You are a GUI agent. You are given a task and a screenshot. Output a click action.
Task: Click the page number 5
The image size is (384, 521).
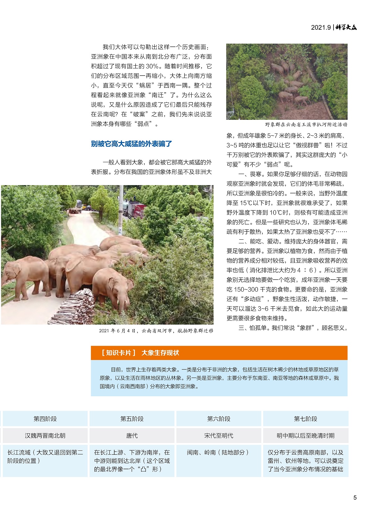[x=355, y=497]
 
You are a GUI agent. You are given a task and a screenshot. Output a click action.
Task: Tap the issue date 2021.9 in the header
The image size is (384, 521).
[x=321, y=27]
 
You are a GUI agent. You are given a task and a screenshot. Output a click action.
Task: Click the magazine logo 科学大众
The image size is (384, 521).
[x=346, y=27]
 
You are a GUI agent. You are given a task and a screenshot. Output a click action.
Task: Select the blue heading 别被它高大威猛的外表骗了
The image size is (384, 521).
[x=131, y=144]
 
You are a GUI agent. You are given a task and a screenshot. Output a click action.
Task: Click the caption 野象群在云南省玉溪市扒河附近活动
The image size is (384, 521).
[x=306, y=124]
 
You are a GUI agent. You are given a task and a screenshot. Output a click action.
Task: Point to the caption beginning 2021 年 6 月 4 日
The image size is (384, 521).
[x=156, y=331]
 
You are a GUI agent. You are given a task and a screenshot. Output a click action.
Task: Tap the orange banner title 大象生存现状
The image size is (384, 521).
[x=160, y=353]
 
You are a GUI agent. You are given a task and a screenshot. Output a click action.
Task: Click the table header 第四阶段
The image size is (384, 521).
[x=45, y=419]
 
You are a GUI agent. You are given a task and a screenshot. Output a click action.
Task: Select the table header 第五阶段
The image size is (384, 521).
[x=132, y=419]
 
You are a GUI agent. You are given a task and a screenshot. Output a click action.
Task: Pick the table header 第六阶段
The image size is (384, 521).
[x=219, y=419]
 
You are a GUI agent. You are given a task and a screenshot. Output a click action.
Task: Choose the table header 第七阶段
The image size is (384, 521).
[x=306, y=419]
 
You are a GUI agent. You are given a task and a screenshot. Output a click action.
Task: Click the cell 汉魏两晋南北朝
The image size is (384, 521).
[x=45, y=436]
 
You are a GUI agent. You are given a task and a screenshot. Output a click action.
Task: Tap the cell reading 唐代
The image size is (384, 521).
[x=132, y=436]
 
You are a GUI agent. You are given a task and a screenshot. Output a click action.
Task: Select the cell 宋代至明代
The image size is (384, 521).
[x=219, y=436]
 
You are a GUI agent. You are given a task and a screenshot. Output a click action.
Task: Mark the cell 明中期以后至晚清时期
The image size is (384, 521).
[x=306, y=436]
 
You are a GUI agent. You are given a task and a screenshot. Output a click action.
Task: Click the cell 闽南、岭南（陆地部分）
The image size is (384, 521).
[x=218, y=452]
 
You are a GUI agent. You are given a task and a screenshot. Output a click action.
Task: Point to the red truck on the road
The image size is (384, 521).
[x=139, y=211]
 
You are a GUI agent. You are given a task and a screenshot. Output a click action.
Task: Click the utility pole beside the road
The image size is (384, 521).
[x=121, y=211]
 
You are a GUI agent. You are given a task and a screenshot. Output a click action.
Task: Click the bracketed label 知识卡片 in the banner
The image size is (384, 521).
[x=119, y=353]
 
